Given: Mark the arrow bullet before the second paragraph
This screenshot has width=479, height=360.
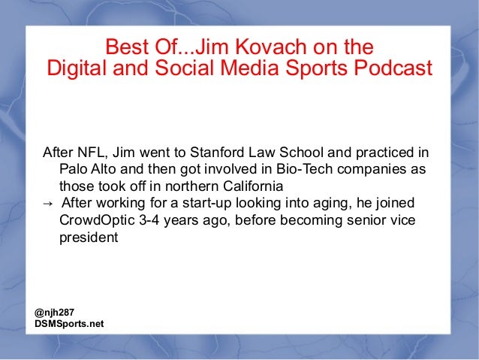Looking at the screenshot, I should pos(47,203).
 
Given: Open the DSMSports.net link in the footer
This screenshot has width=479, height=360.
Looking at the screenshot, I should pos(69,324).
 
